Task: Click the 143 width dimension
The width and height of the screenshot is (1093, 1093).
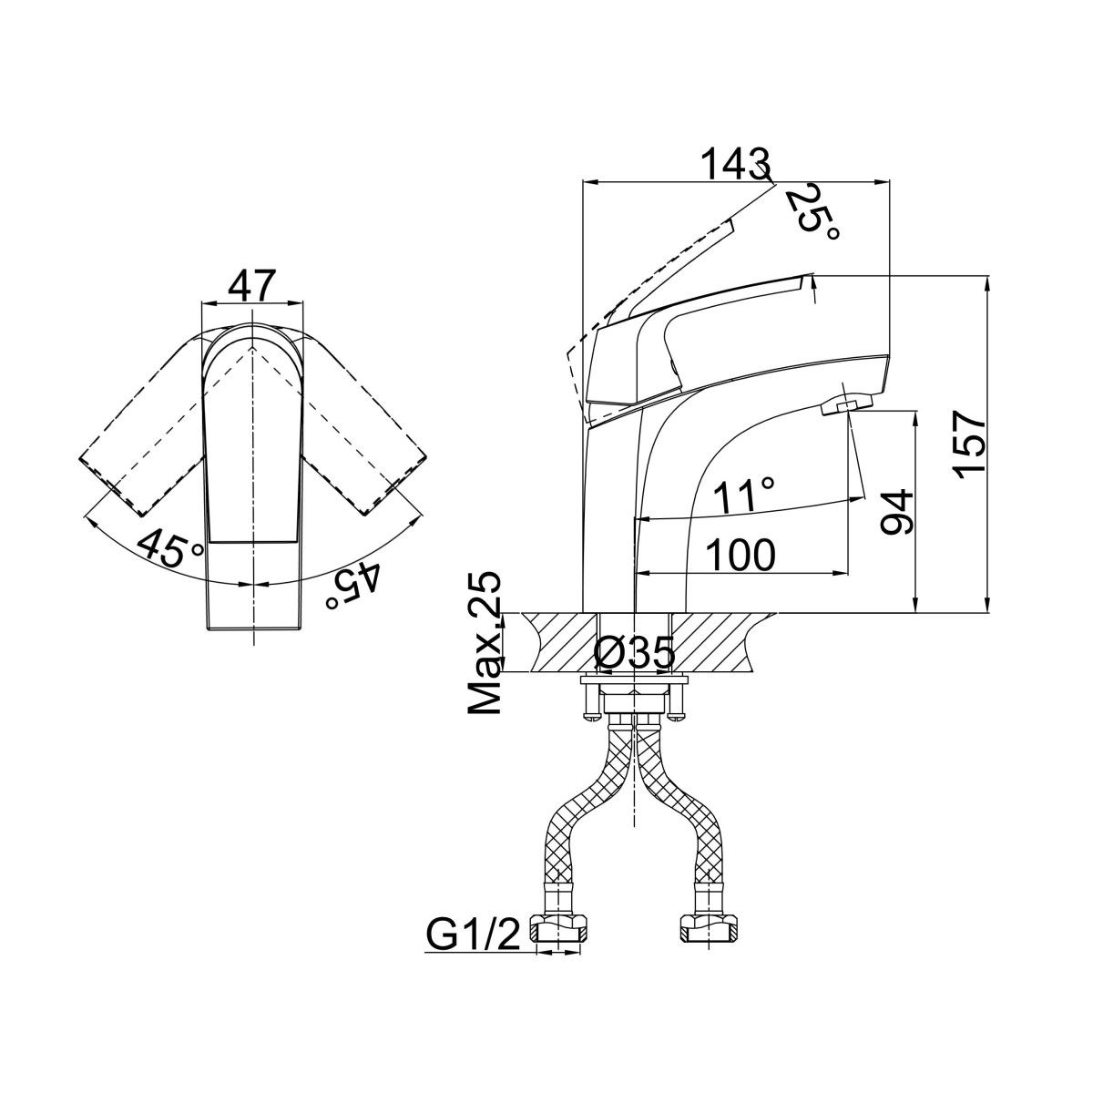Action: click(x=735, y=165)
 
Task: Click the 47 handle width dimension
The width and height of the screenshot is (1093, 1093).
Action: click(x=250, y=286)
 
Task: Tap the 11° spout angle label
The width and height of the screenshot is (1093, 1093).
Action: click(x=744, y=497)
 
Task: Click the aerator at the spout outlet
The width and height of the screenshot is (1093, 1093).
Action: click(x=845, y=405)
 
